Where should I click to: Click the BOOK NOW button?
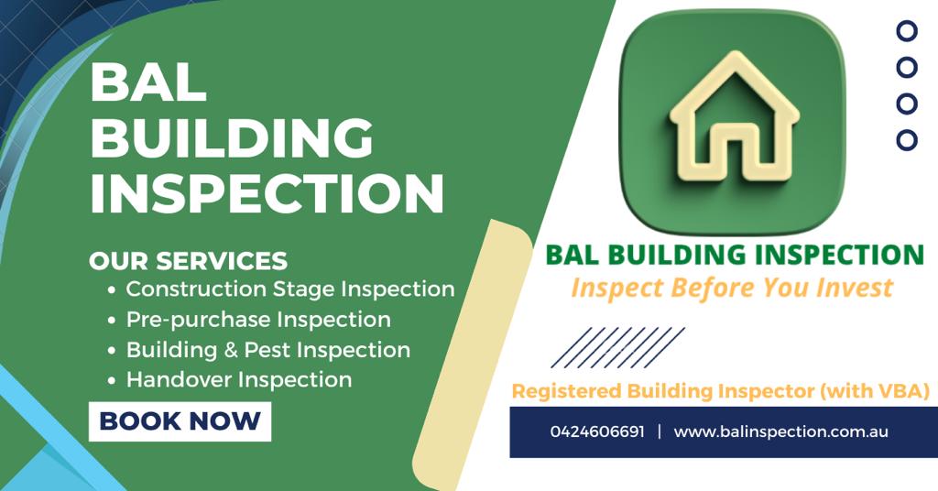coord(180,421)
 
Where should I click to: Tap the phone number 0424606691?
coord(597,431)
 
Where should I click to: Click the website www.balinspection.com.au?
coord(780,431)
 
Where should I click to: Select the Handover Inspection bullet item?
coord(230,380)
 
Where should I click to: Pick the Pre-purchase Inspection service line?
coord(249,320)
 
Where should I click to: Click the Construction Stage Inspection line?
coord(281,289)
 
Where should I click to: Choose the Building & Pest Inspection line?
coord(258,350)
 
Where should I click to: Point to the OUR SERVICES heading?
coord(189,261)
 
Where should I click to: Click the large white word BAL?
coord(148,82)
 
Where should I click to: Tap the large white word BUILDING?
coord(232,137)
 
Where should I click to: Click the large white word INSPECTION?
coord(267,193)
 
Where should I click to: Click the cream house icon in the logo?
coord(734,117)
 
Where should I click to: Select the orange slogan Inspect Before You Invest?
coord(732,288)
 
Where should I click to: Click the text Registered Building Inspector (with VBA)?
coord(721,391)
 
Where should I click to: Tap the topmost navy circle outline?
coord(907,30)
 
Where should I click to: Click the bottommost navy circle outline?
coord(907,140)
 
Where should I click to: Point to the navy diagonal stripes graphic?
coord(618,347)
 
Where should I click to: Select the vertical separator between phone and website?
coord(660,431)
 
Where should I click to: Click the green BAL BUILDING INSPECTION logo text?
coord(736,255)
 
